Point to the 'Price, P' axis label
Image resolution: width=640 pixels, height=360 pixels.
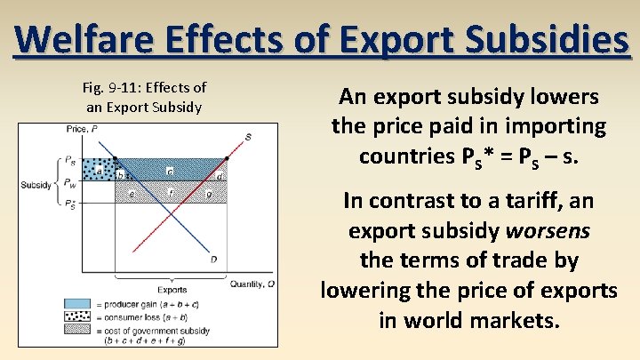[82, 130]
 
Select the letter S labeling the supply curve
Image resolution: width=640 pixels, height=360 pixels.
[248, 136]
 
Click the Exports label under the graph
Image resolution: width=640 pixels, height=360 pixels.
[172, 290]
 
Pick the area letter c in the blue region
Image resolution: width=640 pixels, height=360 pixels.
[169, 169]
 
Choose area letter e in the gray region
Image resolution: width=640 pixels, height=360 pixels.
[132, 193]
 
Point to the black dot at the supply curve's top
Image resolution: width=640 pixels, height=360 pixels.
[227, 159]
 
